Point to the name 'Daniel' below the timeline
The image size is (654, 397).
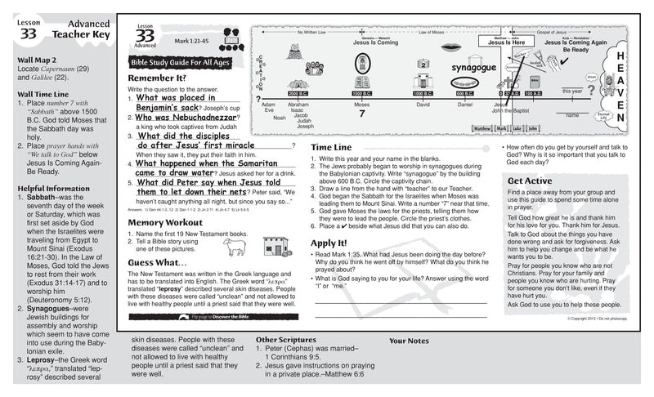464,105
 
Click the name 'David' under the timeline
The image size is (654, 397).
423,105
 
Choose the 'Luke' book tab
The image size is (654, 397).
517,128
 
